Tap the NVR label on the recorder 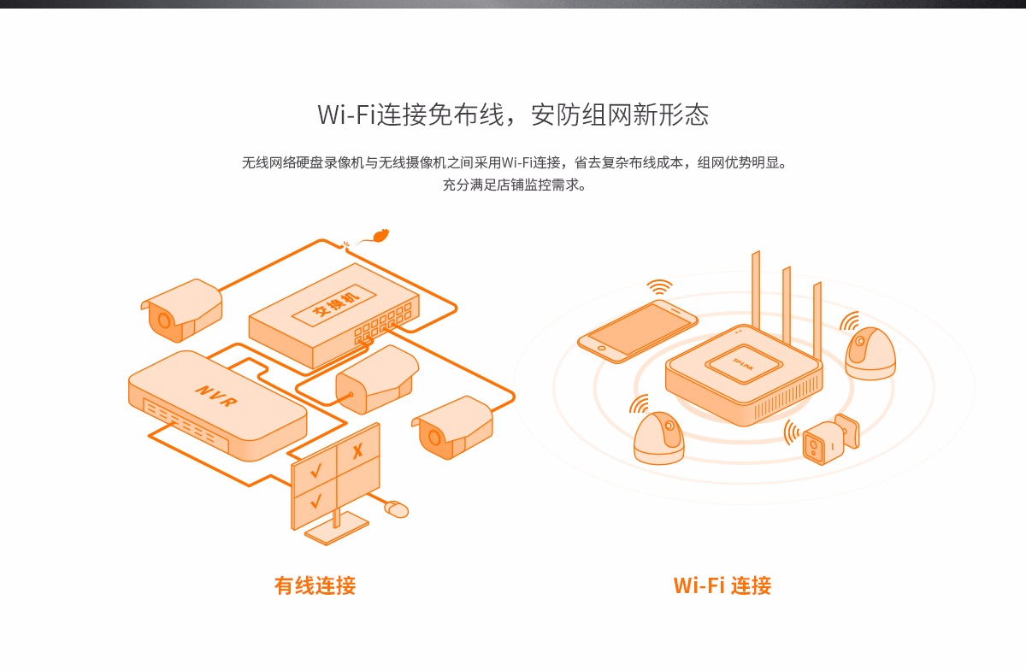click(x=215, y=395)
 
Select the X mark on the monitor click(x=357, y=449)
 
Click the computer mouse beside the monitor click(x=396, y=509)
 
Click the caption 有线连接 click(x=315, y=585)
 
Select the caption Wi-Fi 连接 click(x=722, y=585)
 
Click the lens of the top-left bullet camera click(x=162, y=320)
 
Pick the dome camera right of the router click(x=870, y=352)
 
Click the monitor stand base click(x=336, y=531)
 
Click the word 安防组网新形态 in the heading click(x=620, y=115)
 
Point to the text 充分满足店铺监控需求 click(x=514, y=184)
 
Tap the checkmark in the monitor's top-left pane click(x=315, y=468)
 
